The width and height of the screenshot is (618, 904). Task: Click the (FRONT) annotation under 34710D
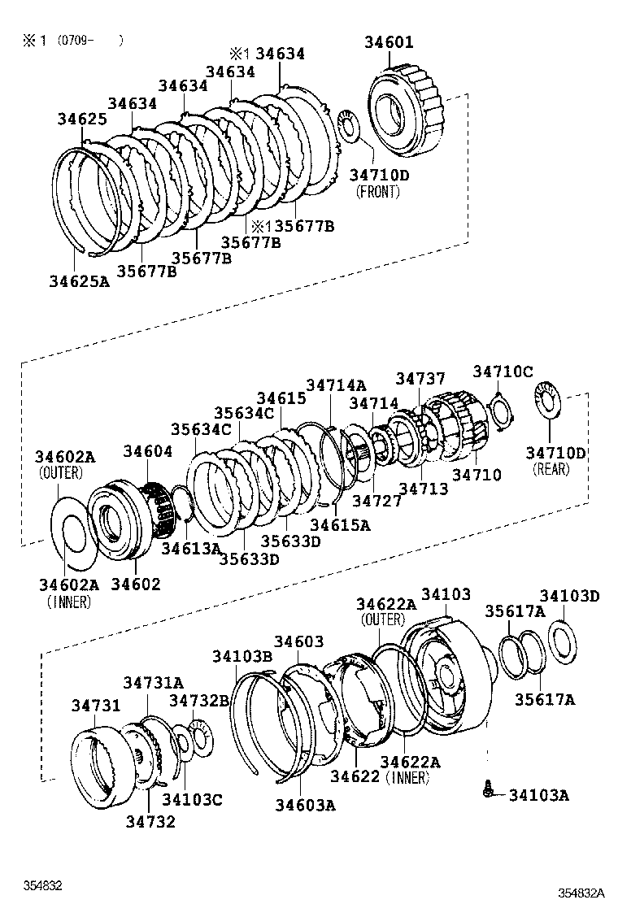(379, 192)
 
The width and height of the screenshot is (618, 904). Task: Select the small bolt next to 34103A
(487, 789)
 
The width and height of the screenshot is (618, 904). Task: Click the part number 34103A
(538, 795)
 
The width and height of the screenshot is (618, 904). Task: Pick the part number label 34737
(420, 379)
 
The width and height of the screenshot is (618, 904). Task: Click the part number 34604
(148, 451)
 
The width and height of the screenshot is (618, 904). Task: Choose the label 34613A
(191, 549)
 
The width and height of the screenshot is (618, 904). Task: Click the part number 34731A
(153, 683)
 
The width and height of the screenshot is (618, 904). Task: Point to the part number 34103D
(569, 596)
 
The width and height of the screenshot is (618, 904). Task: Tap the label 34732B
(199, 701)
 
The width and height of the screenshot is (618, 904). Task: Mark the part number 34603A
(305, 805)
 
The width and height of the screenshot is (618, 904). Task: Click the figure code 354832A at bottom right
(581, 893)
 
